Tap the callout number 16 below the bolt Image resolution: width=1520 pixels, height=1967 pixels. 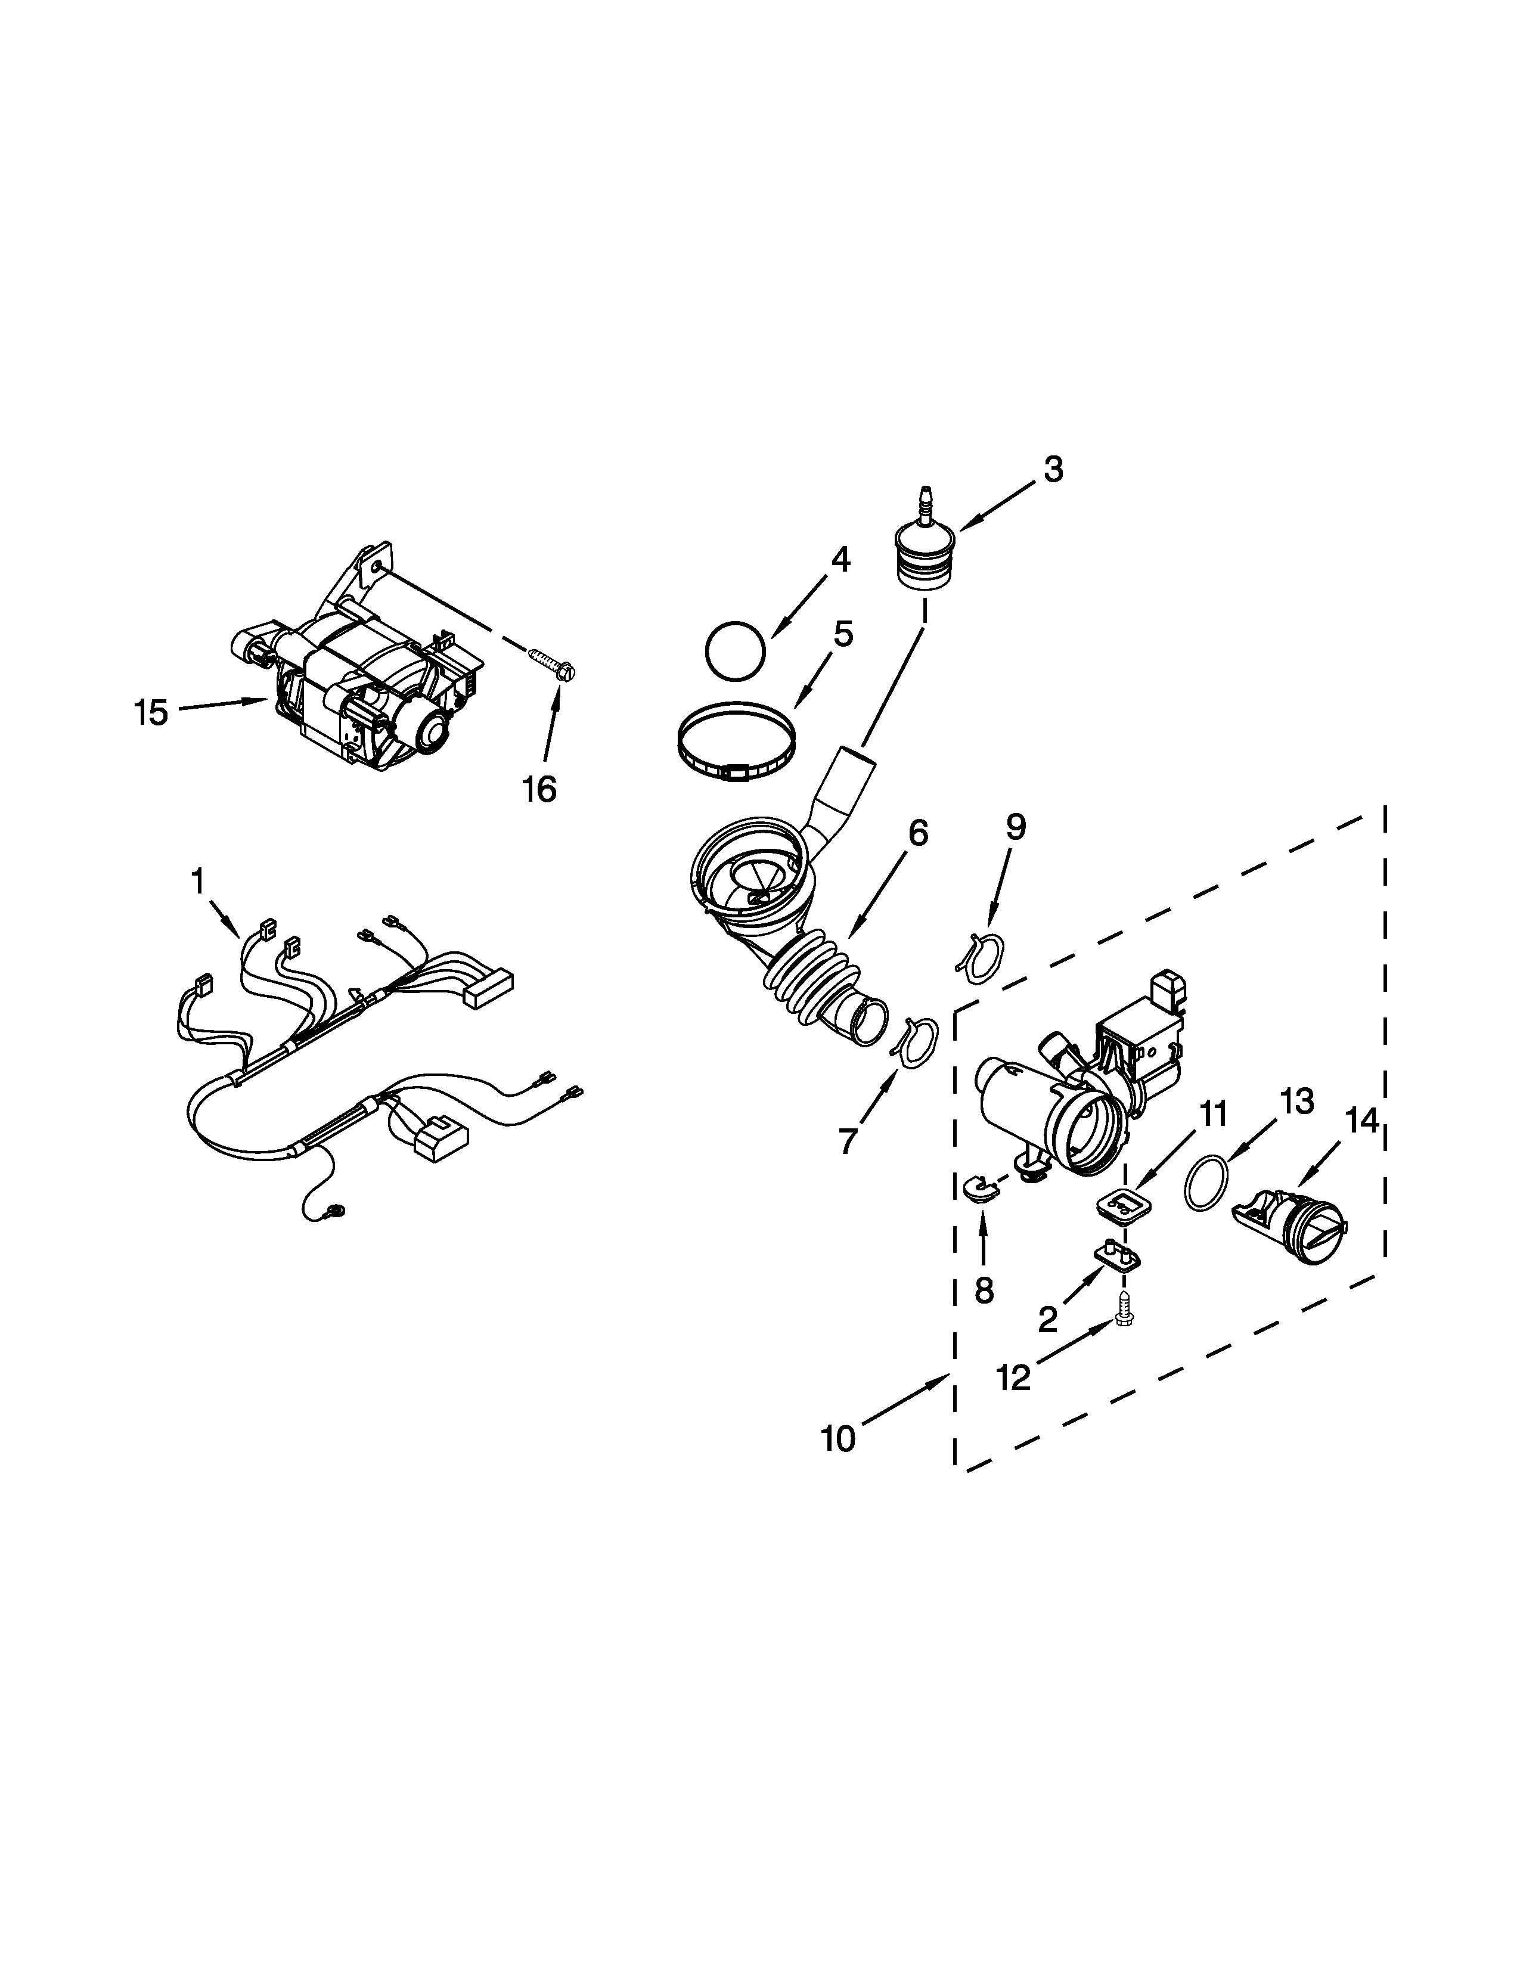539,789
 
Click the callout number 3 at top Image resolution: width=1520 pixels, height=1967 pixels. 1053,469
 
